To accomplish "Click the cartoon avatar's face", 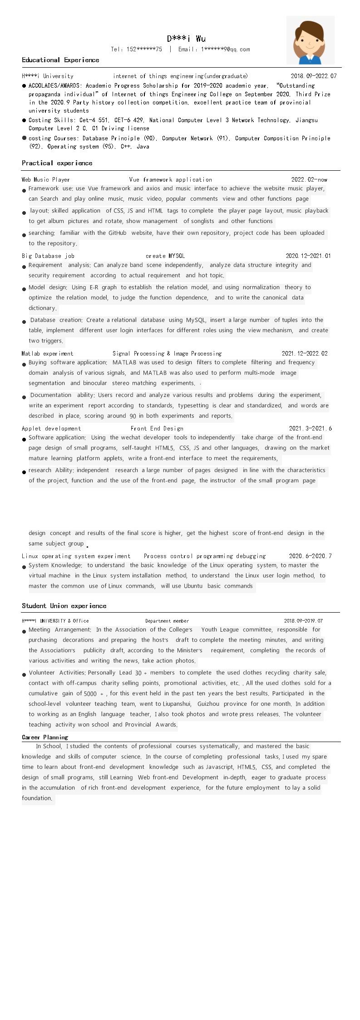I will pyautogui.click(x=309, y=44).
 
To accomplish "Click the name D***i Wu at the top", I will pyautogui.click(x=186, y=39).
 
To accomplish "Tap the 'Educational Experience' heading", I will pyautogui.click(x=60, y=60).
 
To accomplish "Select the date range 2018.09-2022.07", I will pyautogui.click(x=314, y=76).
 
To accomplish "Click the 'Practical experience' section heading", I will pyautogui.click(x=57, y=163).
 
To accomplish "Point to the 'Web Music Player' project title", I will pyautogui.click(x=46, y=180).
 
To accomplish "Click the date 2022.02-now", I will pyautogui.click(x=309, y=180).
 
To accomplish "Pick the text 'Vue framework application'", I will pyautogui.click(x=170, y=180).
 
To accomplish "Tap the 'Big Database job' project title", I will pyautogui.click(x=48, y=256).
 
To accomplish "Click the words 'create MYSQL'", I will pyautogui.click(x=165, y=256).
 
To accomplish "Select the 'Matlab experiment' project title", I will pyautogui.click(x=47, y=353).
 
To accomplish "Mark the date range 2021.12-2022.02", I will pyautogui.click(x=304, y=353).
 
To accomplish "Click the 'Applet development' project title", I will pyautogui.click(x=51, y=428).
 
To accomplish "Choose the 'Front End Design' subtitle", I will pyautogui.click(x=157, y=428).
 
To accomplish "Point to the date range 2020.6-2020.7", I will pyautogui.click(x=310, y=556).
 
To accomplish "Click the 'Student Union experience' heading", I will pyautogui.click(x=64, y=606).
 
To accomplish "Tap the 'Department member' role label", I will pyautogui.click(x=167, y=621).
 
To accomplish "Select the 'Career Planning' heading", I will pyautogui.click(x=45, y=737).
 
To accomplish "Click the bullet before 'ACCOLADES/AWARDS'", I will pyautogui.click(x=24, y=85).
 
